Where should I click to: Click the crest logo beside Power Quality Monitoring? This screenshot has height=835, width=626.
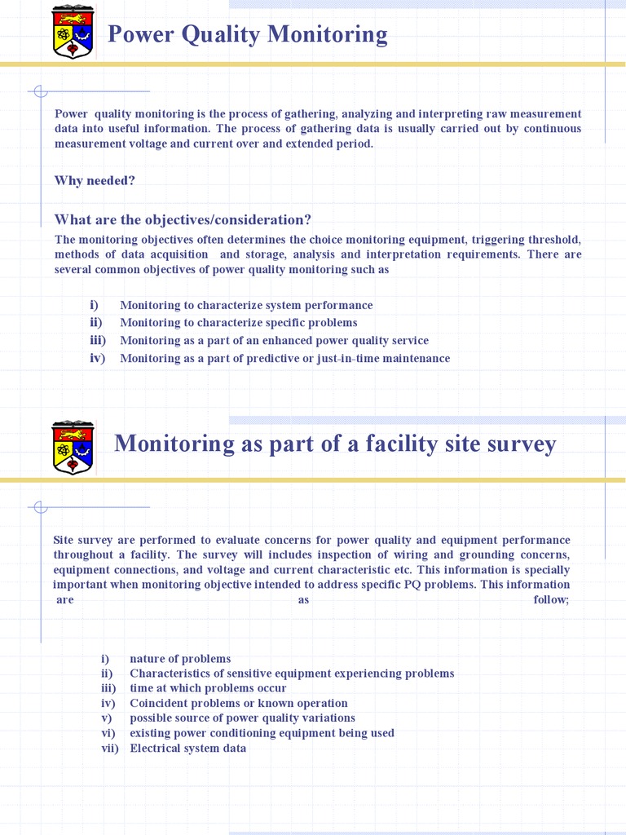pos(73,32)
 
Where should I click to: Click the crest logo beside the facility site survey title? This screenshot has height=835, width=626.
pos(73,447)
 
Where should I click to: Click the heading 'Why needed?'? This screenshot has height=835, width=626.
pos(95,180)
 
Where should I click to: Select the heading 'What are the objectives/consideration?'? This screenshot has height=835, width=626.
pos(183,219)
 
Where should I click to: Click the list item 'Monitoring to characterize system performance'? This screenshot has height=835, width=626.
pos(246,305)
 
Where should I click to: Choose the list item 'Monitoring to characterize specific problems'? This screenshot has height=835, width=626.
pos(238,322)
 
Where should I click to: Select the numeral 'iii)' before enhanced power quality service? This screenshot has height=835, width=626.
pos(98,340)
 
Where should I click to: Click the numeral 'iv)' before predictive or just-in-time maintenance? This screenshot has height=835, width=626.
pos(98,358)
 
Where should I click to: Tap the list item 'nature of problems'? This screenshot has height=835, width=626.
pos(180,659)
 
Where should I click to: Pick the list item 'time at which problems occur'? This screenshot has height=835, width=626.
pos(208,688)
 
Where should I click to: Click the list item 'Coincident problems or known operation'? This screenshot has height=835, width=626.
pos(238,703)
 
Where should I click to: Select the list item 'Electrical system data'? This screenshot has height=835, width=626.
pos(187,748)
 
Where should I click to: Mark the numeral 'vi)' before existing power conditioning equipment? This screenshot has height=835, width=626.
pos(108,733)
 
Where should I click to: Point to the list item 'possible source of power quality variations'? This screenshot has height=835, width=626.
pos(242,718)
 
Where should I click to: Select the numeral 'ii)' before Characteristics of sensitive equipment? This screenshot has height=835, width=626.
pos(107,674)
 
